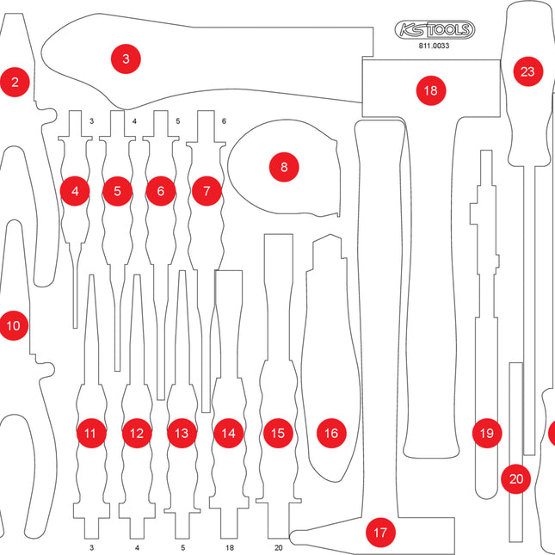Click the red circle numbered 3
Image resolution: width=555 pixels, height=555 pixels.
point(126,59)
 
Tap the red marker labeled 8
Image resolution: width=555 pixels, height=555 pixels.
point(284,166)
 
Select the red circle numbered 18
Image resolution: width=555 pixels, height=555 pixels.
point(430,89)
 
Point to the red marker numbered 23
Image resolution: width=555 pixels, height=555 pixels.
point(527,71)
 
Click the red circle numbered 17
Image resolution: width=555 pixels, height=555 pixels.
point(379,533)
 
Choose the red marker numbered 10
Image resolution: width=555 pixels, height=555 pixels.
point(13,326)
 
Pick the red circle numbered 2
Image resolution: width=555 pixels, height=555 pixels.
point(15,83)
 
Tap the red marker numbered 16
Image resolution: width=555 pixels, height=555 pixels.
point(330,434)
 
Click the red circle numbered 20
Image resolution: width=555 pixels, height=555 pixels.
point(516,478)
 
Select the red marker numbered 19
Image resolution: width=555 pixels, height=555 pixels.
point(487,434)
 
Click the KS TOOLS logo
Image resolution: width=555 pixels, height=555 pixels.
point(435,31)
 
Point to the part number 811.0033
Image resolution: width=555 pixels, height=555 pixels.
point(435,48)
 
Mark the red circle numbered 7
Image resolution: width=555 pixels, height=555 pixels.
point(207,191)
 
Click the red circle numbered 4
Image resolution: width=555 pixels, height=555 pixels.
point(76,191)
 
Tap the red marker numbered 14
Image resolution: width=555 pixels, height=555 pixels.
point(227,434)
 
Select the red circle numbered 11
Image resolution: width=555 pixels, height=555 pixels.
point(90,434)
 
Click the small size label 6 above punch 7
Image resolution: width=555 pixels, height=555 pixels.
point(224,121)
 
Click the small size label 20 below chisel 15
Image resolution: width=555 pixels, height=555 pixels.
point(277,547)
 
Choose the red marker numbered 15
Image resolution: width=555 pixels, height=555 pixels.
point(277,434)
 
